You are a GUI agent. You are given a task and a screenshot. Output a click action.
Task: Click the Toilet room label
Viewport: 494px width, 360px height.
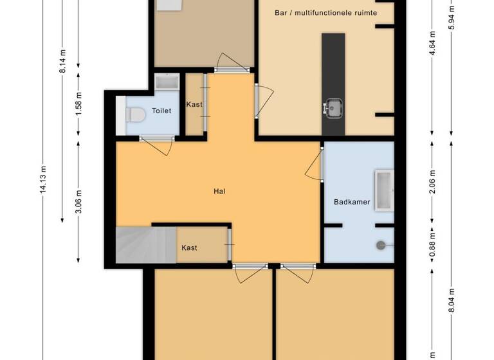click(x=161, y=111)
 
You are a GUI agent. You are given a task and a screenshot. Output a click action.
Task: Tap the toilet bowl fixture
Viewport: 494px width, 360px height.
click(x=136, y=115)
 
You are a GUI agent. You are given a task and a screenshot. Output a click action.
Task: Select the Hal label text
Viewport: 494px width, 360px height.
click(x=219, y=191)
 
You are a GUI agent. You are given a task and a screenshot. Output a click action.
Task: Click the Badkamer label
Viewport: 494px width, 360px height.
click(x=352, y=202)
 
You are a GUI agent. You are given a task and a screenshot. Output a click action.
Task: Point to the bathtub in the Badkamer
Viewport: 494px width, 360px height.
click(x=384, y=191)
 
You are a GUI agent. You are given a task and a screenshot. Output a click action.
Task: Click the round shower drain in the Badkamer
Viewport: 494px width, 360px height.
click(x=381, y=244)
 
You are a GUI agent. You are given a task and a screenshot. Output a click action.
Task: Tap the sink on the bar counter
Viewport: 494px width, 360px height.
click(x=334, y=107)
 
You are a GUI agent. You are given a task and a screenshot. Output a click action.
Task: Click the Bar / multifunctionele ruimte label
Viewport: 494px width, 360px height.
click(x=325, y=12)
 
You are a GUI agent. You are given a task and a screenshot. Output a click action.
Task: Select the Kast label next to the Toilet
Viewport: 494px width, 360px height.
click(x=194, y=105)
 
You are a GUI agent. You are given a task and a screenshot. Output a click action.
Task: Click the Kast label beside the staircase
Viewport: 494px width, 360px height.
click(x=189, y=248)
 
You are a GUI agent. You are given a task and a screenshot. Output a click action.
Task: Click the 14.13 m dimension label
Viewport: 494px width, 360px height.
click(x=42, y=180)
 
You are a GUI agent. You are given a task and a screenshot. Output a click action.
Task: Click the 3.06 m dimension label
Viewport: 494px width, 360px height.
click(x=78, y=201)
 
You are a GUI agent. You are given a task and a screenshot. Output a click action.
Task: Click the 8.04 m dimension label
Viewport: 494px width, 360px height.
click(x=452, y=300)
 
